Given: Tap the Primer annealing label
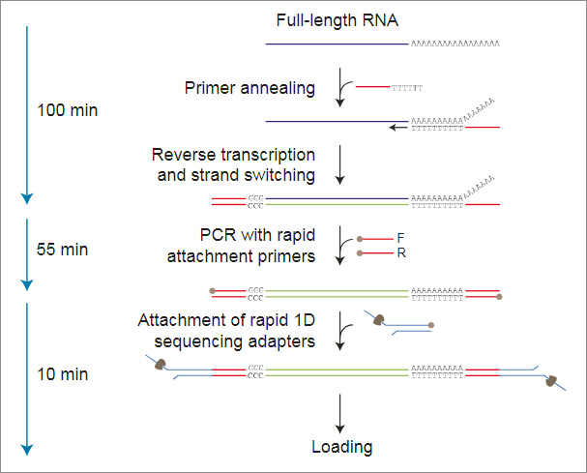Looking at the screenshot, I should tap(249, 88).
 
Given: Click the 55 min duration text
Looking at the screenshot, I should tap(59, 250).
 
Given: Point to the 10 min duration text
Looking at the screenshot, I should tap(59, 374).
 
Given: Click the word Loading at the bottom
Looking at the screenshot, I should tap(341, 447).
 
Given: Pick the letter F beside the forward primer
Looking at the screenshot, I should tap(400, 237).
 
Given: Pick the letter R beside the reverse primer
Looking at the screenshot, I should tap(400, 252).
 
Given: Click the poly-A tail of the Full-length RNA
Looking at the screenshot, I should tap(455, 44).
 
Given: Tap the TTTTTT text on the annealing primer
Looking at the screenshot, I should tap(407, 88).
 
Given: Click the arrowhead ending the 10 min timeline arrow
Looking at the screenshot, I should tap(27, 449).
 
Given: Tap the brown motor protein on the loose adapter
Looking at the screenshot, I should tap(381, 319).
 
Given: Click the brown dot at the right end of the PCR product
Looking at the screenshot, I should tap(499, 296).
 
